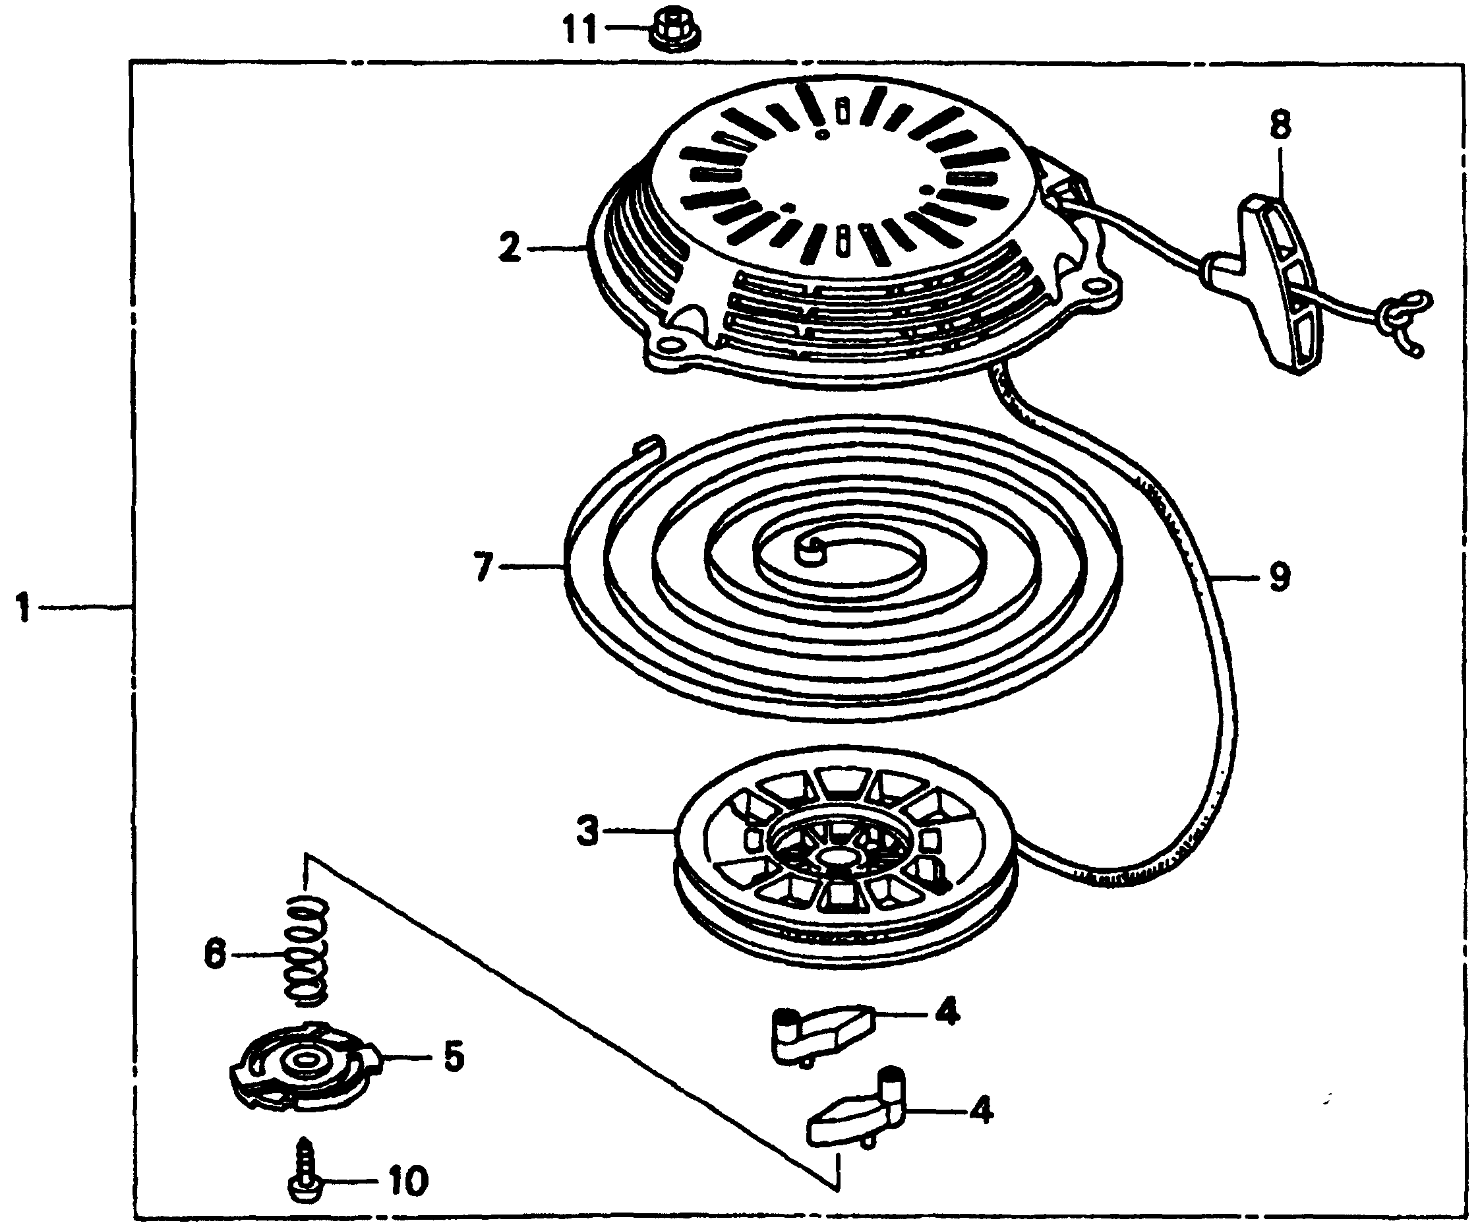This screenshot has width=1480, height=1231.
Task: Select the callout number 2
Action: pyautogui.click(x=510, y=248)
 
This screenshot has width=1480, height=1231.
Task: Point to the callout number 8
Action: pyautogui.click(x=1280, y=125)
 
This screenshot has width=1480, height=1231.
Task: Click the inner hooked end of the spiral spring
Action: pyautogui.click(x=809, y=549)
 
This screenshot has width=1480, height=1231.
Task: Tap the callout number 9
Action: pyautogui.click(x=1279, y=576)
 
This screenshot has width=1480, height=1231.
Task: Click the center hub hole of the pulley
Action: pyautogui.click(x=838, y=857)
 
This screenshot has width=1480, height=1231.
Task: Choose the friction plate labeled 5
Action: pyautogui.click(x=305, y=1064)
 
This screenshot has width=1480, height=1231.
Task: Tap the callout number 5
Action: pyautogui.click(x=452, y=1057)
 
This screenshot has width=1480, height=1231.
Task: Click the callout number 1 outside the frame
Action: pyautogui.click(x=23, y=607)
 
